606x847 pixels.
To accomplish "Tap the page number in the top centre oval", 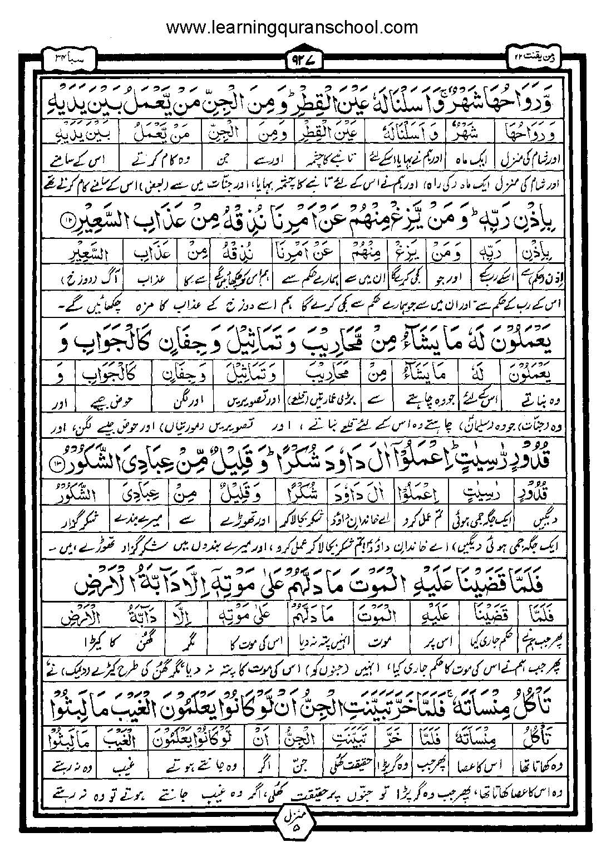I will coord(303,58).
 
